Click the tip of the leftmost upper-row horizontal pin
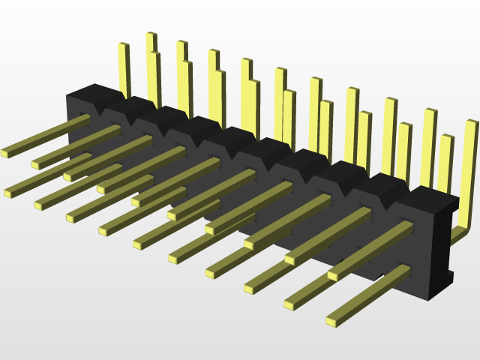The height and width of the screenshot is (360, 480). click(4, 153)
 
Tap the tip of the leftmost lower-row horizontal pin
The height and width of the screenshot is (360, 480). click(8, 193)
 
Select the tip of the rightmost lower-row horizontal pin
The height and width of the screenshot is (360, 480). click(331, 321)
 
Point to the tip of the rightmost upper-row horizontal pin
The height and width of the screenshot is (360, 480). click(331, 276)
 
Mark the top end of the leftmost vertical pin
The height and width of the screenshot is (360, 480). click(123, 46)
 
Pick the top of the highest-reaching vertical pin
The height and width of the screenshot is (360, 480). click(151, 35)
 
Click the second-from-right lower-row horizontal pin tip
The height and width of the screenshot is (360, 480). click(289, 304)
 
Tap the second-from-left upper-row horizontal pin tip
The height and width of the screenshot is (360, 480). click(35, 163)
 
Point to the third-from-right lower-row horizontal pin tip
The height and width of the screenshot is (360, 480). click(248, 288)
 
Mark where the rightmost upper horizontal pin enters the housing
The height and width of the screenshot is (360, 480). click(406, 226)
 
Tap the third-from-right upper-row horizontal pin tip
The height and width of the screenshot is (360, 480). click(248, 244)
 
